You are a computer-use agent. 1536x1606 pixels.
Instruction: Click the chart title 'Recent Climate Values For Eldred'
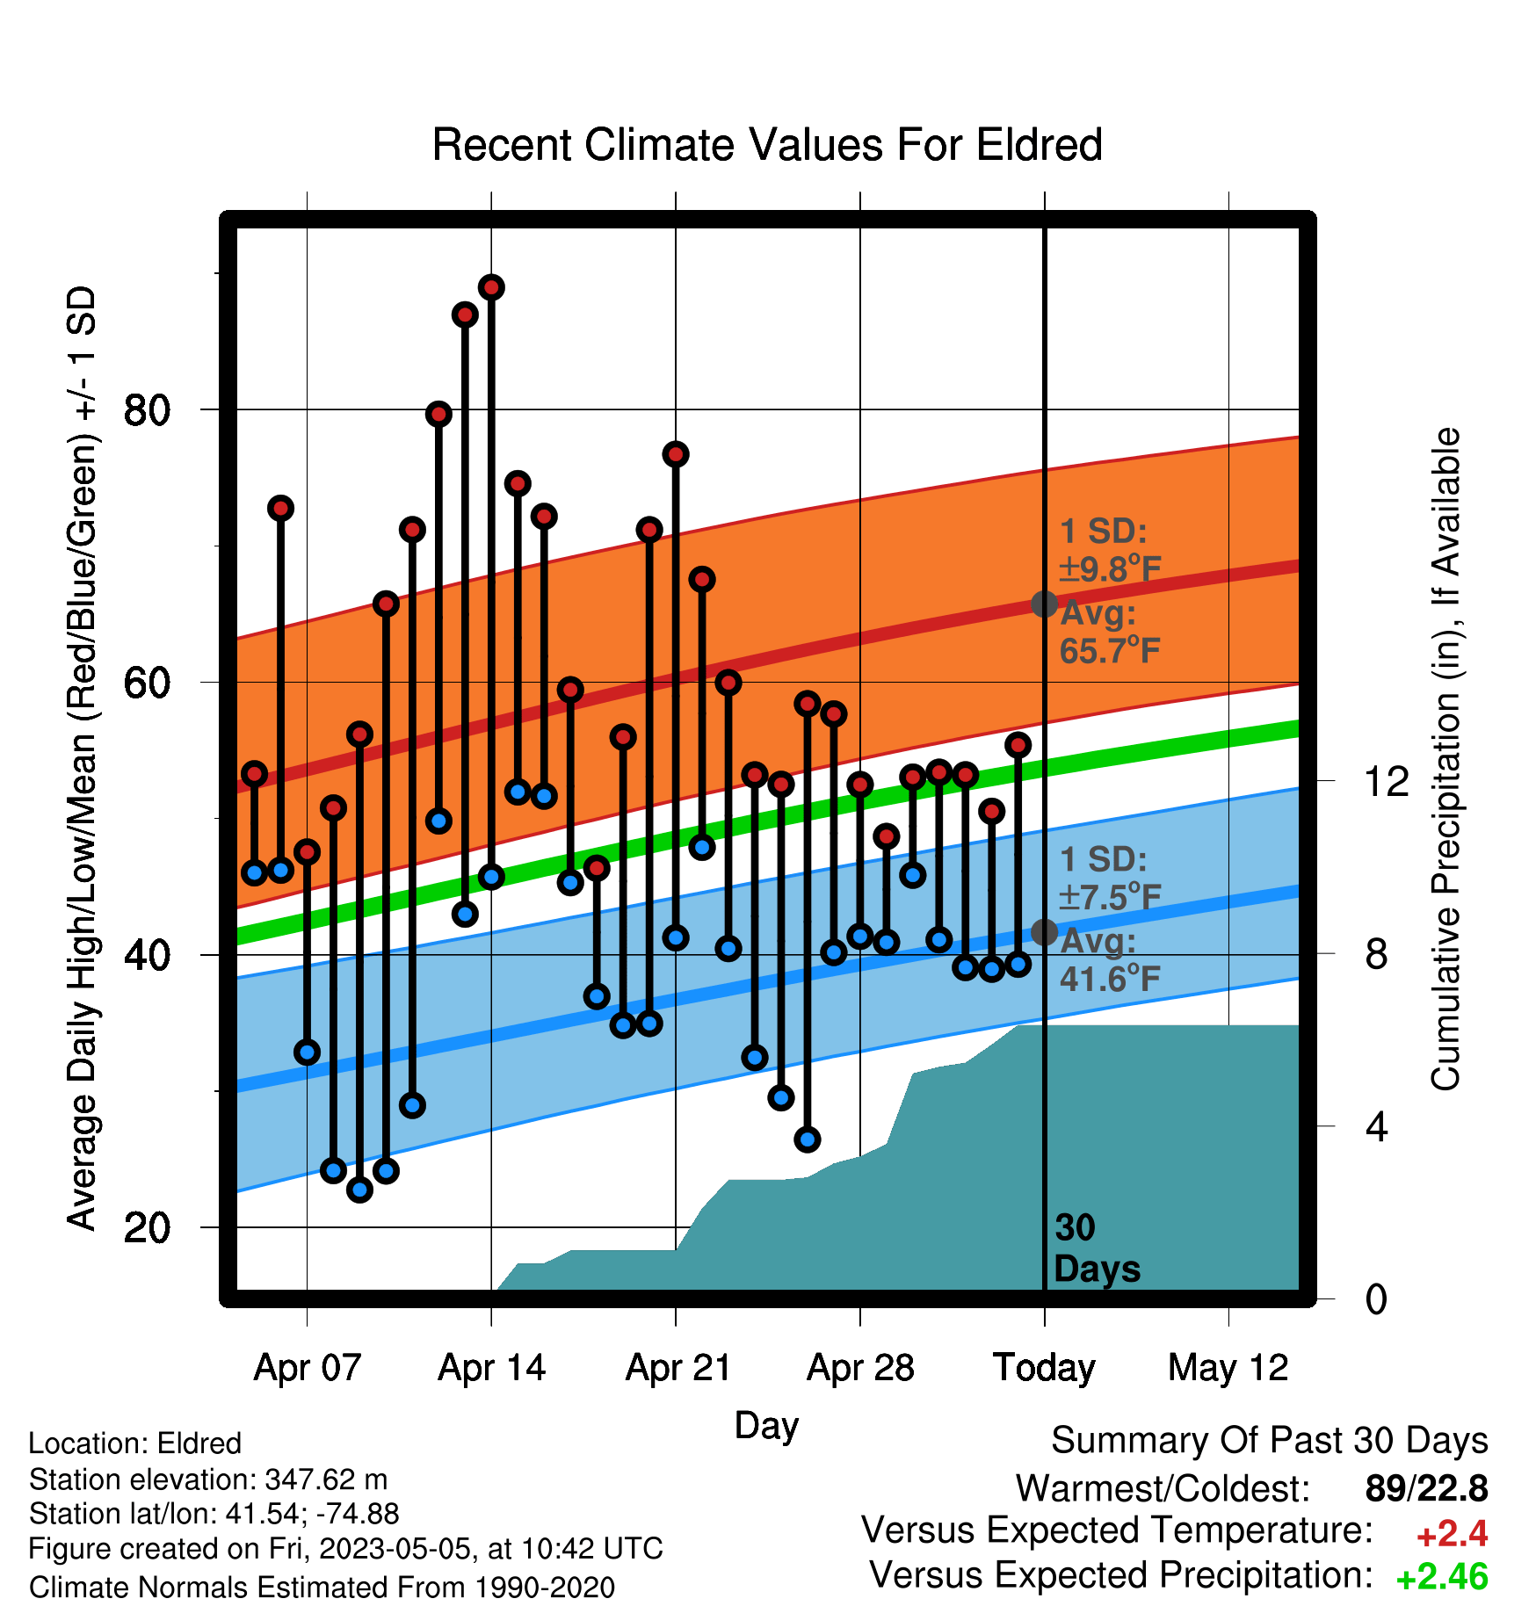click(x=767, y=145)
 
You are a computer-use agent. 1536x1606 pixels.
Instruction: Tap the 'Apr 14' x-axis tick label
click(x=491, y=1368)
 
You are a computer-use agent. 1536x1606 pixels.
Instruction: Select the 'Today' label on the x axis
click(x=1044, y=1368)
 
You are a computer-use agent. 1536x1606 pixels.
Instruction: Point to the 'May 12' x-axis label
click(x=1228, y=1368)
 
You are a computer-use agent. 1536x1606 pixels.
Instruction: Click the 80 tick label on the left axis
click(x=147, y=409)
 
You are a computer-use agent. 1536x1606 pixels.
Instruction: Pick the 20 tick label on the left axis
click(x=147, y=1226)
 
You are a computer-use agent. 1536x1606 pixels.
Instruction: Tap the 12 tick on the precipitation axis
click(x=1386, y=781)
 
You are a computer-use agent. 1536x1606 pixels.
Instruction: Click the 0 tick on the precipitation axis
click(x=1376, y=1299)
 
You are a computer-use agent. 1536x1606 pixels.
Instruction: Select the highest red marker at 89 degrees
click(x=491, y=287)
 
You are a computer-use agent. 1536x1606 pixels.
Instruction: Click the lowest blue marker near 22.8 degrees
click(x=359, y=1190)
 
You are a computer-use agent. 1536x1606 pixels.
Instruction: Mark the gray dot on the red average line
click(x=1044, y=604)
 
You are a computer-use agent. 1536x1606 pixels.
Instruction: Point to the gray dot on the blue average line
click(x=1044, y=932)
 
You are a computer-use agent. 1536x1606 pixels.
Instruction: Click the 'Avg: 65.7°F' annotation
click(x=1110, y=632)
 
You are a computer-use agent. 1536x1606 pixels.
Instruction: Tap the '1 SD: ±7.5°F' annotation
click(x=1110, y=878)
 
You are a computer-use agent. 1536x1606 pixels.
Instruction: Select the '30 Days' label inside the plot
click(x=1097, y=1248)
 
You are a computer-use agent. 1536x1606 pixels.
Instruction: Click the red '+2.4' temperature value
click(x=1452, y=1534)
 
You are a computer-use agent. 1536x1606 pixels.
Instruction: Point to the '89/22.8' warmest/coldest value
click(x=1426, y=1488)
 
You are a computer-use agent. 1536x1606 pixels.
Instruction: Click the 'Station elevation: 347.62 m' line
click(x=208, y=1479)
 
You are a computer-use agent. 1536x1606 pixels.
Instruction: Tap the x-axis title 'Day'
click(x=766, y=1426)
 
